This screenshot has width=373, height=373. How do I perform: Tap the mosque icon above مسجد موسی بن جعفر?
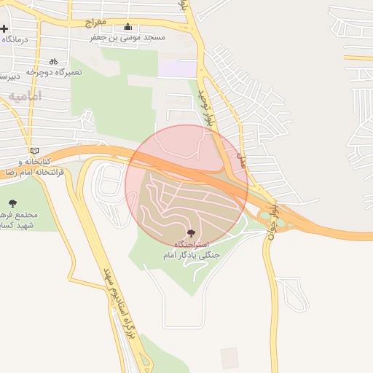coord(128,27)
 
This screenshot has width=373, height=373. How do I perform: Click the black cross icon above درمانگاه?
coord(4,29)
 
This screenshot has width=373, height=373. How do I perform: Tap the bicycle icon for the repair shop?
coord(53,62)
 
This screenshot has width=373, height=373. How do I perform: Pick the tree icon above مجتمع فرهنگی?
coord(12,203)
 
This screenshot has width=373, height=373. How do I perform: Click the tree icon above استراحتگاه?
coord(191,233)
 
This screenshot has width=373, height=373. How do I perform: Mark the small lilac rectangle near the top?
coord(178,69)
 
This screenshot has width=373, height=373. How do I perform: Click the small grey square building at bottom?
coord(229,357)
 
